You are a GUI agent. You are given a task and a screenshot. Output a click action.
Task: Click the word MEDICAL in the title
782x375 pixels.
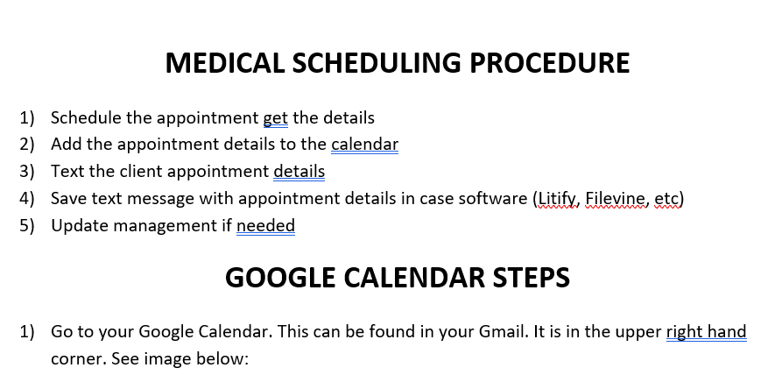pyautogui.click(x=225, y=63)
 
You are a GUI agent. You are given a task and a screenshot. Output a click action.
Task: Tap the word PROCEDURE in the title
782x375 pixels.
pyautogui.click(x=550, y=63)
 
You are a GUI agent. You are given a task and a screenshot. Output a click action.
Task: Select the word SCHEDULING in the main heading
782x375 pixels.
pyautogui.click(x=377, y=63)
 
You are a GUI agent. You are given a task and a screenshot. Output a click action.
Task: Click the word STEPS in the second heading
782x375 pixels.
pyautogui.click(x=532, y=277)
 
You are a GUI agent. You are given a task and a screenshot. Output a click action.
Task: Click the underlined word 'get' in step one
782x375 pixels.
pyautogui.click(x=275, y=118)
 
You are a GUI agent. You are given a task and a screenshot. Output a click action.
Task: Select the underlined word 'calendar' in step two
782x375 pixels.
pyautogui.click(x=364, y=144)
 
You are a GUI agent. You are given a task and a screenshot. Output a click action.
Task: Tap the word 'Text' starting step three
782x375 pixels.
pyautogui.click(x=67, y=171)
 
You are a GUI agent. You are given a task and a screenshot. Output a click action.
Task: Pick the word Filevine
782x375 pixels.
pyautogui.click(x=615, y=198)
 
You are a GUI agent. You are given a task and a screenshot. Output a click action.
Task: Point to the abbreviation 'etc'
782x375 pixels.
pyautogui.click(x=666, y=199)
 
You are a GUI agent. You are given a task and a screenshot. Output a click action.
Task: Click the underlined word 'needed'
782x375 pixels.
pyautogui.click(x=266, y=225)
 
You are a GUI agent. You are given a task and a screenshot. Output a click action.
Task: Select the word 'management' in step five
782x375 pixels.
pyautogui.click(x=166, y=226)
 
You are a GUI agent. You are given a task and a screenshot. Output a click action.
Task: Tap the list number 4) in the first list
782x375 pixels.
pyautogui.click(x=27, y=199)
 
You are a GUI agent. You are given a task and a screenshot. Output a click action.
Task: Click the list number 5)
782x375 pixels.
pyautogui.click(x=27, y=226)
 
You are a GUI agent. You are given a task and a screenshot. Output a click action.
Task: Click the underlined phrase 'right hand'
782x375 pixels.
pyautogui.click(x=706, y=332)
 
